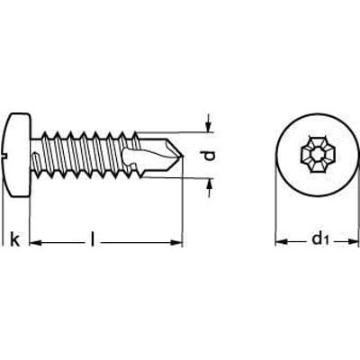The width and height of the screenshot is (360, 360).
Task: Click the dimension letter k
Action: [13, 239]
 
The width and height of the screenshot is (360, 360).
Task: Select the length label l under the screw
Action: [95, 239]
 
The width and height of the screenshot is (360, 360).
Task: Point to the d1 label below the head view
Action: [317, 240]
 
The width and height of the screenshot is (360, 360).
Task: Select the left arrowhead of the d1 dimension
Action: [280, 243]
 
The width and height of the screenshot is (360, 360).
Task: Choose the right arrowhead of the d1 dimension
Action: [352, 243]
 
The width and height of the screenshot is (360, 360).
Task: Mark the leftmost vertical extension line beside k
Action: [4, 216]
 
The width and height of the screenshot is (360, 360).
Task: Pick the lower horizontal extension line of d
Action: [193, 176]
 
